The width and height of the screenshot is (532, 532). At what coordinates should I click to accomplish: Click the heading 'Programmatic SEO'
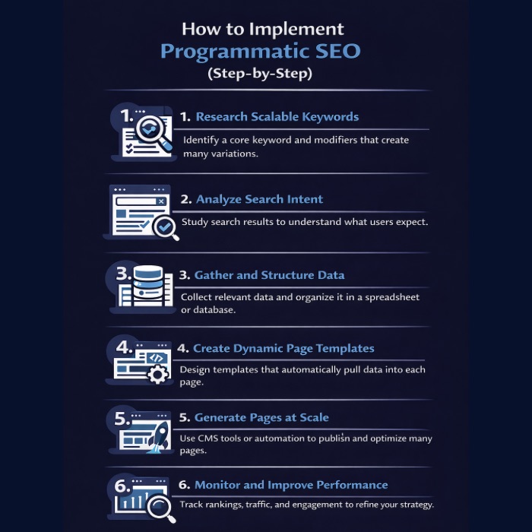coord(261,52)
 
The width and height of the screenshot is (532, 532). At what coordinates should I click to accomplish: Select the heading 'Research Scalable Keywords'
coord(277,117)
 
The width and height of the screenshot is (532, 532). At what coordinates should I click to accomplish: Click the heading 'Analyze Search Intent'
coord(259,199)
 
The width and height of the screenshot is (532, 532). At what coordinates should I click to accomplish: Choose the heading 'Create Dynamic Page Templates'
coord(283,348)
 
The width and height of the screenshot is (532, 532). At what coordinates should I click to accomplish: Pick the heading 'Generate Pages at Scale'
coord(261,417)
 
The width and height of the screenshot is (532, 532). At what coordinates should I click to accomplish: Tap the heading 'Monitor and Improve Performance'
coord(291,485)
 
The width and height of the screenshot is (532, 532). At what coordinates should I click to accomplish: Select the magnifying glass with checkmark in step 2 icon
coord(164,226)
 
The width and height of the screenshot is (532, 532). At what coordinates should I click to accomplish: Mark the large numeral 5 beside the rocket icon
coord(122,419)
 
